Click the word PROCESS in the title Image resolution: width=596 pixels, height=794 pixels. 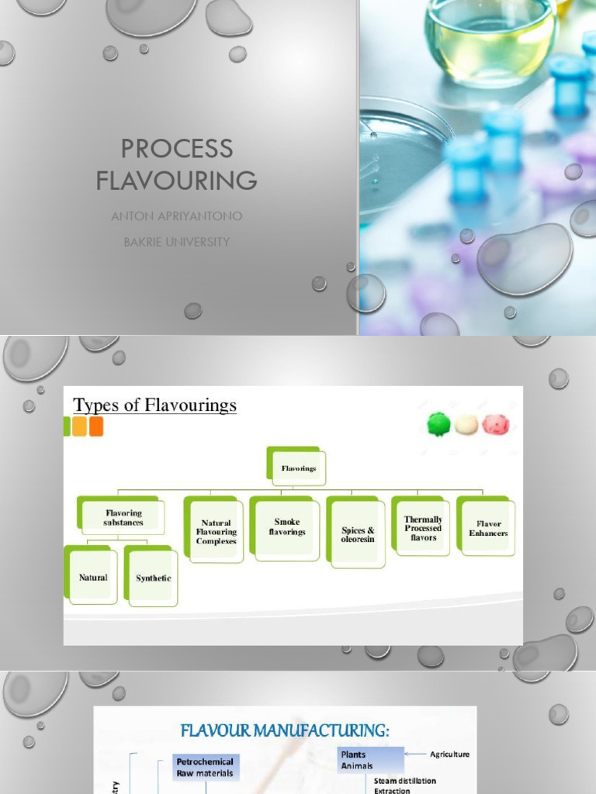[x=177, y=148]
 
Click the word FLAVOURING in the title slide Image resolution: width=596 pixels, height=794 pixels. [x=177, y=181]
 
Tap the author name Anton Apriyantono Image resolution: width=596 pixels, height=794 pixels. [x=177, y=216]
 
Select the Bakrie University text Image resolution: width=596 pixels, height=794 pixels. [x=177, y=242]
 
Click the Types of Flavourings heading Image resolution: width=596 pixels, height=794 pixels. [x=154, y=405]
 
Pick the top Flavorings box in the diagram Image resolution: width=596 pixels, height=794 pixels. [x=297, y=468]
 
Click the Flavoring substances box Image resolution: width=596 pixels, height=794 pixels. [x=123, y=517]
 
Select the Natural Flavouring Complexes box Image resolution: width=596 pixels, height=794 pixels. [x=216, y=532]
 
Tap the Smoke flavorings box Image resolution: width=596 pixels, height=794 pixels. [x=286, y=527]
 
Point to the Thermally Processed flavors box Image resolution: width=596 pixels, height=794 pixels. [x=423, y=528]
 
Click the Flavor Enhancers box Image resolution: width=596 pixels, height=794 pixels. [x=488, y=528]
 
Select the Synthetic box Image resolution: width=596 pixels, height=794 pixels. [x=153, y=578]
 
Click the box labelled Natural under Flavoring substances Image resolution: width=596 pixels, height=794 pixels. [x=93, y=577]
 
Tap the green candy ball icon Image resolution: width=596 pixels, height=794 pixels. [x=438, y=424]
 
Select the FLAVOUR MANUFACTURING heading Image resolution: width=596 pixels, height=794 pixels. [x=285, y=730]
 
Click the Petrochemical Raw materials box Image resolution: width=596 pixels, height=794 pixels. [x=204, y=768]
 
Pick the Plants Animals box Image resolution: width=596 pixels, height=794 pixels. [x=370, y=760]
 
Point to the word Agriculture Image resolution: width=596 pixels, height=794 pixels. [x=449, y=754]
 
